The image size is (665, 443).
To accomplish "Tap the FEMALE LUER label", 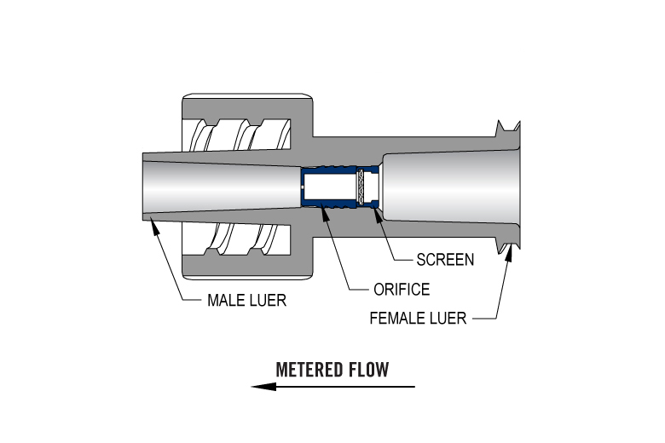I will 418,319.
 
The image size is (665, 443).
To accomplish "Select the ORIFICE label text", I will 402,290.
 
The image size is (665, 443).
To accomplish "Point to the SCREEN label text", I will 445,259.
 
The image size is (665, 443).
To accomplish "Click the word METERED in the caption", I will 310,370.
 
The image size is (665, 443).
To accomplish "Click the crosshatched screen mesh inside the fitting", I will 369,187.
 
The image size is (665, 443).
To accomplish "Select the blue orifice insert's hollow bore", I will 332,187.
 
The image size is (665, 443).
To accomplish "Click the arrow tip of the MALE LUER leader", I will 150,219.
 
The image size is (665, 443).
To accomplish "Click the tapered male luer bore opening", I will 171,187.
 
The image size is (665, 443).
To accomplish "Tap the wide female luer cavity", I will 452,187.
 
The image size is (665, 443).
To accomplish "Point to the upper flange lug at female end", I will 508,128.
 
